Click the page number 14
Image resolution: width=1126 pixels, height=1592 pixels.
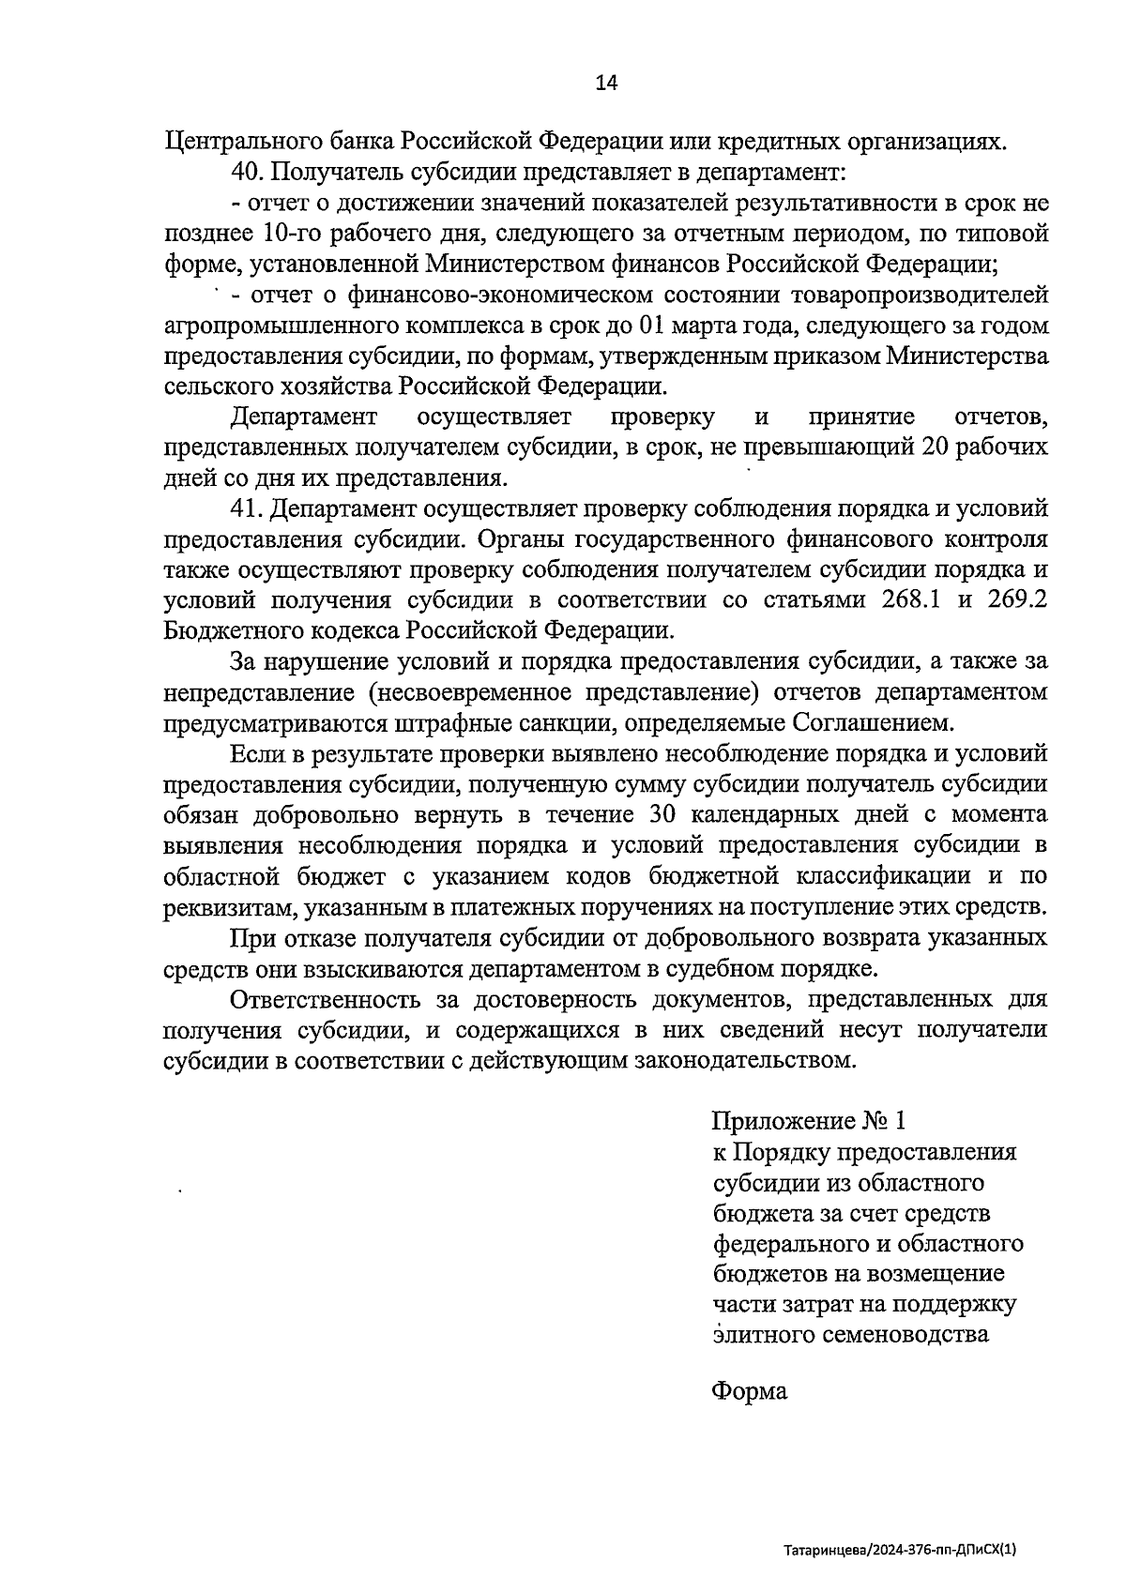[606, 83]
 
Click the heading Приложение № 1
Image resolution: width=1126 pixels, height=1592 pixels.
[810, 1121]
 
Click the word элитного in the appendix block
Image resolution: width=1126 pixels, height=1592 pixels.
[756, 1333]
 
